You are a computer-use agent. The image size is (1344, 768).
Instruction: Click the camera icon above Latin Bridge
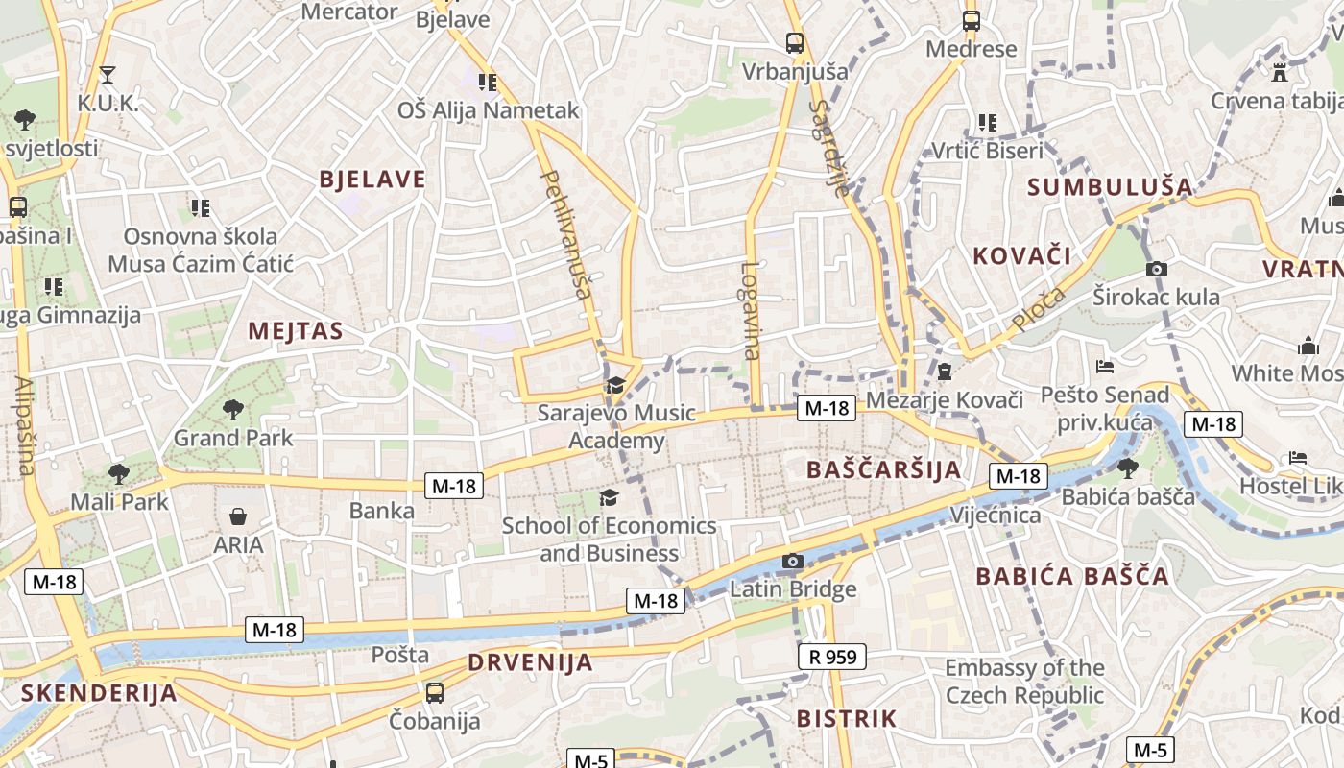coord(792,562)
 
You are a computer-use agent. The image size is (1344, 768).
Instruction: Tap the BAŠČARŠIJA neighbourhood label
coord(883,469)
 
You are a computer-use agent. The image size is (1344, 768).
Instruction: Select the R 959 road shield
coord(832,657)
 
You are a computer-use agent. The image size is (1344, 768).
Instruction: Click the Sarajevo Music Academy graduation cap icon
coord(614,386)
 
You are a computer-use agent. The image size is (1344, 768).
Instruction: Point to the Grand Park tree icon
coord(232,410)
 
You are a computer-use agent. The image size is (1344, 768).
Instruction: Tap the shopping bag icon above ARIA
coord(238,517)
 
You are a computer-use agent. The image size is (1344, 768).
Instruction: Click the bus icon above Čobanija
coord(435,692)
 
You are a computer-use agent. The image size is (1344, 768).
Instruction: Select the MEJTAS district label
coord(296,331)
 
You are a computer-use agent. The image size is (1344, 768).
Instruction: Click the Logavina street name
coord(751,310)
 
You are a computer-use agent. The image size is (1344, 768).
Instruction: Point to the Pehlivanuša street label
coord(566,234)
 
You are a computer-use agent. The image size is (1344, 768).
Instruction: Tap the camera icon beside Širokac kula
coord(1157,269)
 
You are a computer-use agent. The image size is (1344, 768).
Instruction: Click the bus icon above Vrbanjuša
coord(794,43)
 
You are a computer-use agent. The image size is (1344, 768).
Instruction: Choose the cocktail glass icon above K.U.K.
coord(108,75)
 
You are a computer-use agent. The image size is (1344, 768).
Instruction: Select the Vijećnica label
coord(996,516)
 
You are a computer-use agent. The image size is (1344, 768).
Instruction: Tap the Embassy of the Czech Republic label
coord(1024,681)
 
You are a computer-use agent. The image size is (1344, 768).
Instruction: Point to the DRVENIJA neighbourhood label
coord(530,662)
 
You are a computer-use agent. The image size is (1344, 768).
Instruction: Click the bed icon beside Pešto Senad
coord(1105,367)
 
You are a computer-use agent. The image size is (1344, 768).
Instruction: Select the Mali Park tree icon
coord(118,473)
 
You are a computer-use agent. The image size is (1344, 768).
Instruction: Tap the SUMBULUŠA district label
coord(1110,187)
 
